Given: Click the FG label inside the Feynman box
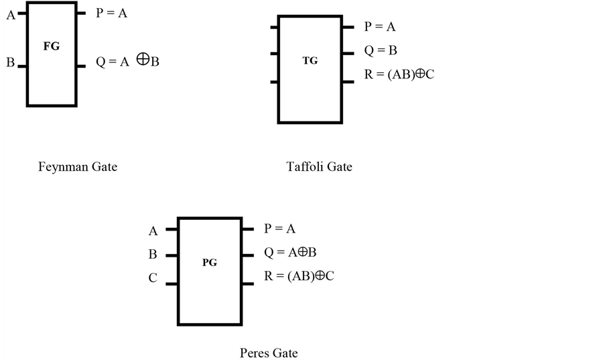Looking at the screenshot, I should coord(51,46).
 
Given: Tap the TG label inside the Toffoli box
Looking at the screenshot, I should coord(310,60).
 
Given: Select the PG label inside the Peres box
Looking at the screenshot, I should coord(209,263).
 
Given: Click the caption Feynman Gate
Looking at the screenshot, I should coord(77,166).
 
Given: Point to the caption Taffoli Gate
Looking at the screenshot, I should coord(319,166).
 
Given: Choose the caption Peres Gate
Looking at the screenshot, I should coord(268,353).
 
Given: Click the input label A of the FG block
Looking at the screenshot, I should coord(10,15).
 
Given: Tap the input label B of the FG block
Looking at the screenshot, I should coord(10,63).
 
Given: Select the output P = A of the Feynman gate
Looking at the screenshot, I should coord(111,13).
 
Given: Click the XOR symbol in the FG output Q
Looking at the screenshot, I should coord(142,60).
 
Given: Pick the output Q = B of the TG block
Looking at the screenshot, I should coord(381,50).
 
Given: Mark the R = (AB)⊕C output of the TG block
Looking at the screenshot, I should coord(399,74).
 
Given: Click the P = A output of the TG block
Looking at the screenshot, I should coord(380,27).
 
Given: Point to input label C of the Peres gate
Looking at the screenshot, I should coord(153,278).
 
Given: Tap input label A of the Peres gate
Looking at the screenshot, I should coord(153,231).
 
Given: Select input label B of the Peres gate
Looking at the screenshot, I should coord(153,255).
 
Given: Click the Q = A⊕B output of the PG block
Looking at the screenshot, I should coord(290,252).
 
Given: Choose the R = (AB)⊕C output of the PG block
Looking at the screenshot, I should coord(299,276).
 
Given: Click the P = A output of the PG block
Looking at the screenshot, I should coord(279,229).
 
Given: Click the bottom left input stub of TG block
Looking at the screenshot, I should coord(274,82).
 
